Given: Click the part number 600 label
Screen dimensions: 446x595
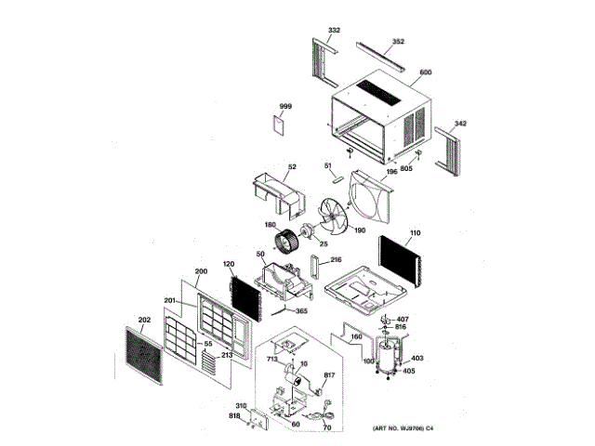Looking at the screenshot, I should (x=426, y=72).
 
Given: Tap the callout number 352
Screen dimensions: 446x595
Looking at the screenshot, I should (x=398, y=42).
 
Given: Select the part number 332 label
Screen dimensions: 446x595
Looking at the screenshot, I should (x=334, y=31).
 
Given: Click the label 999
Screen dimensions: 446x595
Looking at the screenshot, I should (x=285, y=108).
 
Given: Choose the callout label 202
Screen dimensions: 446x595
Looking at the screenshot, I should (x=143, y=320).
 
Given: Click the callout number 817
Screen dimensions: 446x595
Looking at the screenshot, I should (x=328, y=375).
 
